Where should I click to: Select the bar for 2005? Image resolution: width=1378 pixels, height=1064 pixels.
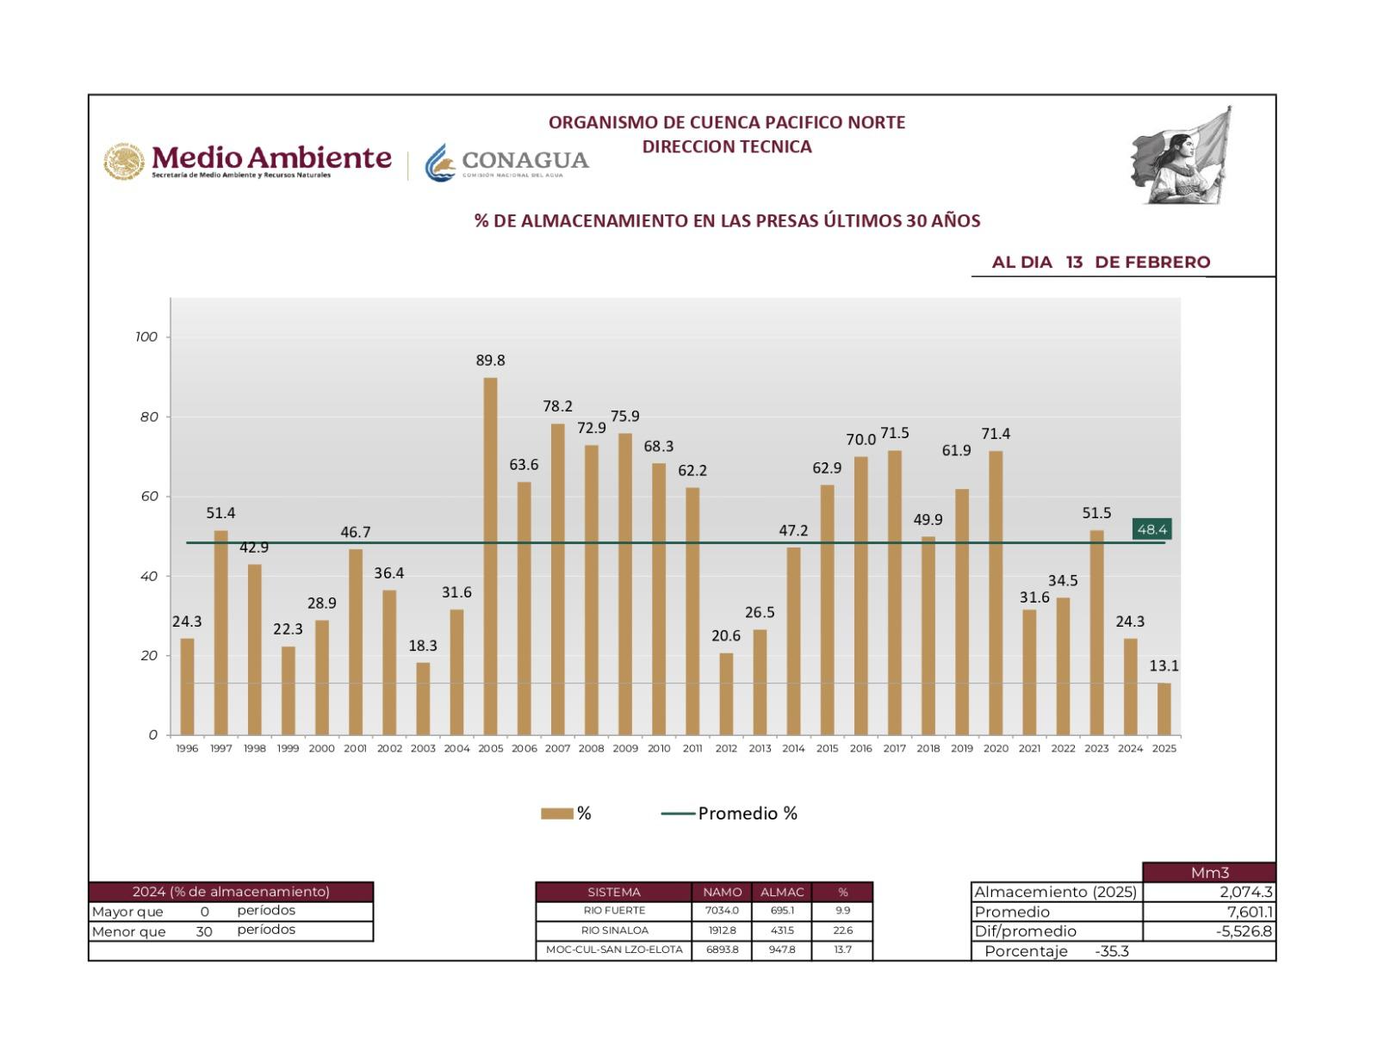(x=490, y=556)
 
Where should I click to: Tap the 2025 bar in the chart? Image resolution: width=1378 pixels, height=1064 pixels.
(x=1164, y=708)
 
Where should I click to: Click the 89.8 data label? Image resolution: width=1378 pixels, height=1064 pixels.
(x=490, y=361)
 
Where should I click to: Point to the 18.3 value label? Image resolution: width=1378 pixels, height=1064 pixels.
(x=423, y=646)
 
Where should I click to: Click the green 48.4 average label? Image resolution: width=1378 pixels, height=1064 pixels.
(x=1151, y=529)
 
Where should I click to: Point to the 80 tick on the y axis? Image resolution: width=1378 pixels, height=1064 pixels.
(x=150, y=417)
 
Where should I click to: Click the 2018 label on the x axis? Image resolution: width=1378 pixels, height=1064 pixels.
(x=928, y=749)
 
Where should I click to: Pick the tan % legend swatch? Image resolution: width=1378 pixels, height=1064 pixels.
(x=556, y=813)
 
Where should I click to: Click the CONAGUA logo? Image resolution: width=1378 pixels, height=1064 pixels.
(x=507, y=162)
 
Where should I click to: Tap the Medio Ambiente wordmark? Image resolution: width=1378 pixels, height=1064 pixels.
(x=271, y=159)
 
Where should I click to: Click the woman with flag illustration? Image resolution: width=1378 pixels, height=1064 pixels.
(x=1182, y=157)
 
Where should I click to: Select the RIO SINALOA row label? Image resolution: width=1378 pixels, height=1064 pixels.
(x=614, y=931)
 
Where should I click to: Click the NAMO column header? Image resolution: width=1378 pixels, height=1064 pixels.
(x=722, y=892)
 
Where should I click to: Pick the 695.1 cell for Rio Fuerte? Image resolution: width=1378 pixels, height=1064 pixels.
(x=782, y=911)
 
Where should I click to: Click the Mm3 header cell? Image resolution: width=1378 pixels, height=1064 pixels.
(x=1209, y=873)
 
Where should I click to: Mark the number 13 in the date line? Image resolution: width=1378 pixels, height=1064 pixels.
(x=1073, y=263)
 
